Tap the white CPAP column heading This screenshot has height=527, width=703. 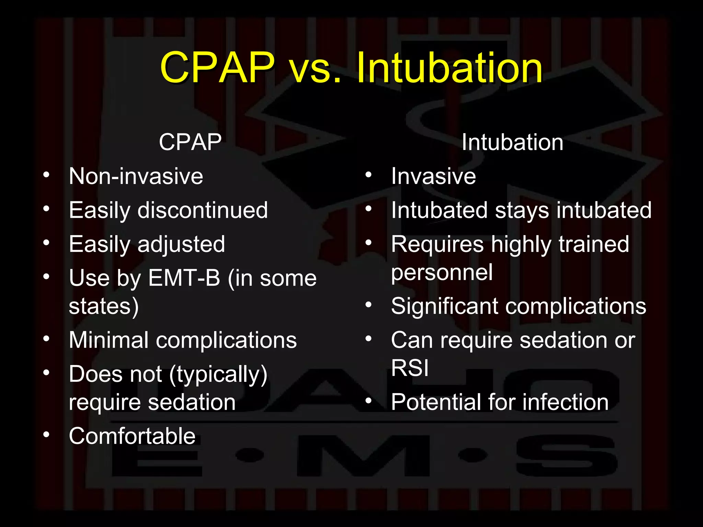[190, 142]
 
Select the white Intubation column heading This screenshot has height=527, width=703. [512, 142]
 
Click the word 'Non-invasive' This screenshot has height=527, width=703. [136, 176]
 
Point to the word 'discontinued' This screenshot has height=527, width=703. [203, 210]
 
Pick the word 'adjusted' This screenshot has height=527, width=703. [181, 245]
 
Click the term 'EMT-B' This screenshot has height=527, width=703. [184, 278]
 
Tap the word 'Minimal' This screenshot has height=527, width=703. [108, 340]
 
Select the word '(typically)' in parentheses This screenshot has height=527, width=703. [218, 374]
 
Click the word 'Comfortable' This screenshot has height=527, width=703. [132, 436]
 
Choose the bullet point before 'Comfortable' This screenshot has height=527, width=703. [46, 435]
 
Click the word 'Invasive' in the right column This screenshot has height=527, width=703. [434, 176]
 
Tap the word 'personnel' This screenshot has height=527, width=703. [442, 272]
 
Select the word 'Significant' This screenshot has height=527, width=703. [445, 306]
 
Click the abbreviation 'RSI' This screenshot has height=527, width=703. [410, 368]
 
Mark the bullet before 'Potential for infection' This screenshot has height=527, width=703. [369, 400]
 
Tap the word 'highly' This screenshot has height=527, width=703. [521, 245]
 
